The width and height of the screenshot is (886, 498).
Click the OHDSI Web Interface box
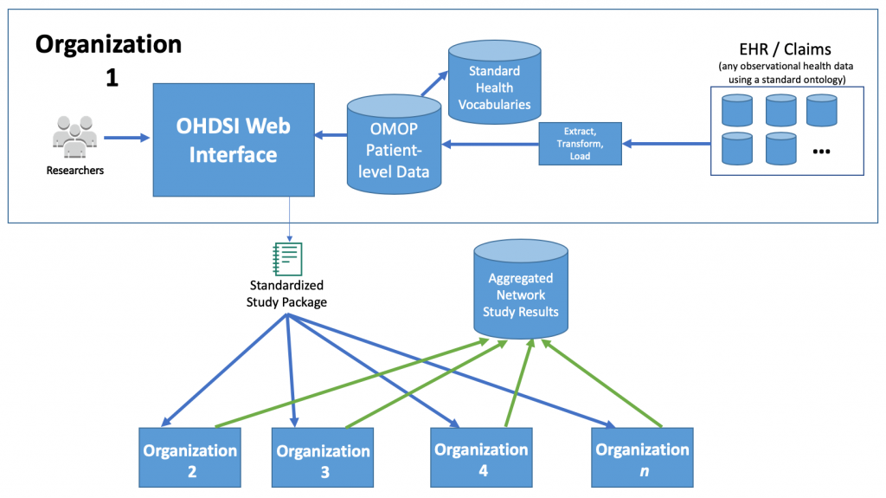[234, 139]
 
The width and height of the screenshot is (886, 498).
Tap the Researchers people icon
[75, 136]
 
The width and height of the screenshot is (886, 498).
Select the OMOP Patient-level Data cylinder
[394, 145]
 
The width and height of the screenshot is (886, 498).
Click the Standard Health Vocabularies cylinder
[494, 81]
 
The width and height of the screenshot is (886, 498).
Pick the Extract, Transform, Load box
[580, 144]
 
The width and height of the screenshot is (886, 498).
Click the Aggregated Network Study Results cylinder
[520, 288]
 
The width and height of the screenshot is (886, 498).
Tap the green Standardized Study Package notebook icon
[287, 259]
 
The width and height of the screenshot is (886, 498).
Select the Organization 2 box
[189, 457]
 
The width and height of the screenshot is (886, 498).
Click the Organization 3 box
[323, 457]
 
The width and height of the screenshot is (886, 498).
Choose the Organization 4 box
[481, 457]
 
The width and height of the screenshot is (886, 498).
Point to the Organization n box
[643, 457]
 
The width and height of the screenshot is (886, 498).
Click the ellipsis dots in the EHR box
[821, 152]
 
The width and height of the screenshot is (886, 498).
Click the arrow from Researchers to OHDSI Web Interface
[126, 137]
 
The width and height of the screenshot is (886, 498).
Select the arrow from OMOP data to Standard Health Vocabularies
[434, 84]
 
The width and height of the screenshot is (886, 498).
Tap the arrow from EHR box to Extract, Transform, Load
[666, 144]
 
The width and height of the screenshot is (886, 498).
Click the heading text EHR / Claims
[786, 49]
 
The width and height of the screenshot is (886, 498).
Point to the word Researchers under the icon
[75, 171]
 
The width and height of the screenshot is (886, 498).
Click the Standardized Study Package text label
[286, 294]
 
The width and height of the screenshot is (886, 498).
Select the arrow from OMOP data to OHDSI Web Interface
[331, 135]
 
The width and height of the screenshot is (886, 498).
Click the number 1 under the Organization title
[112, 78]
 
